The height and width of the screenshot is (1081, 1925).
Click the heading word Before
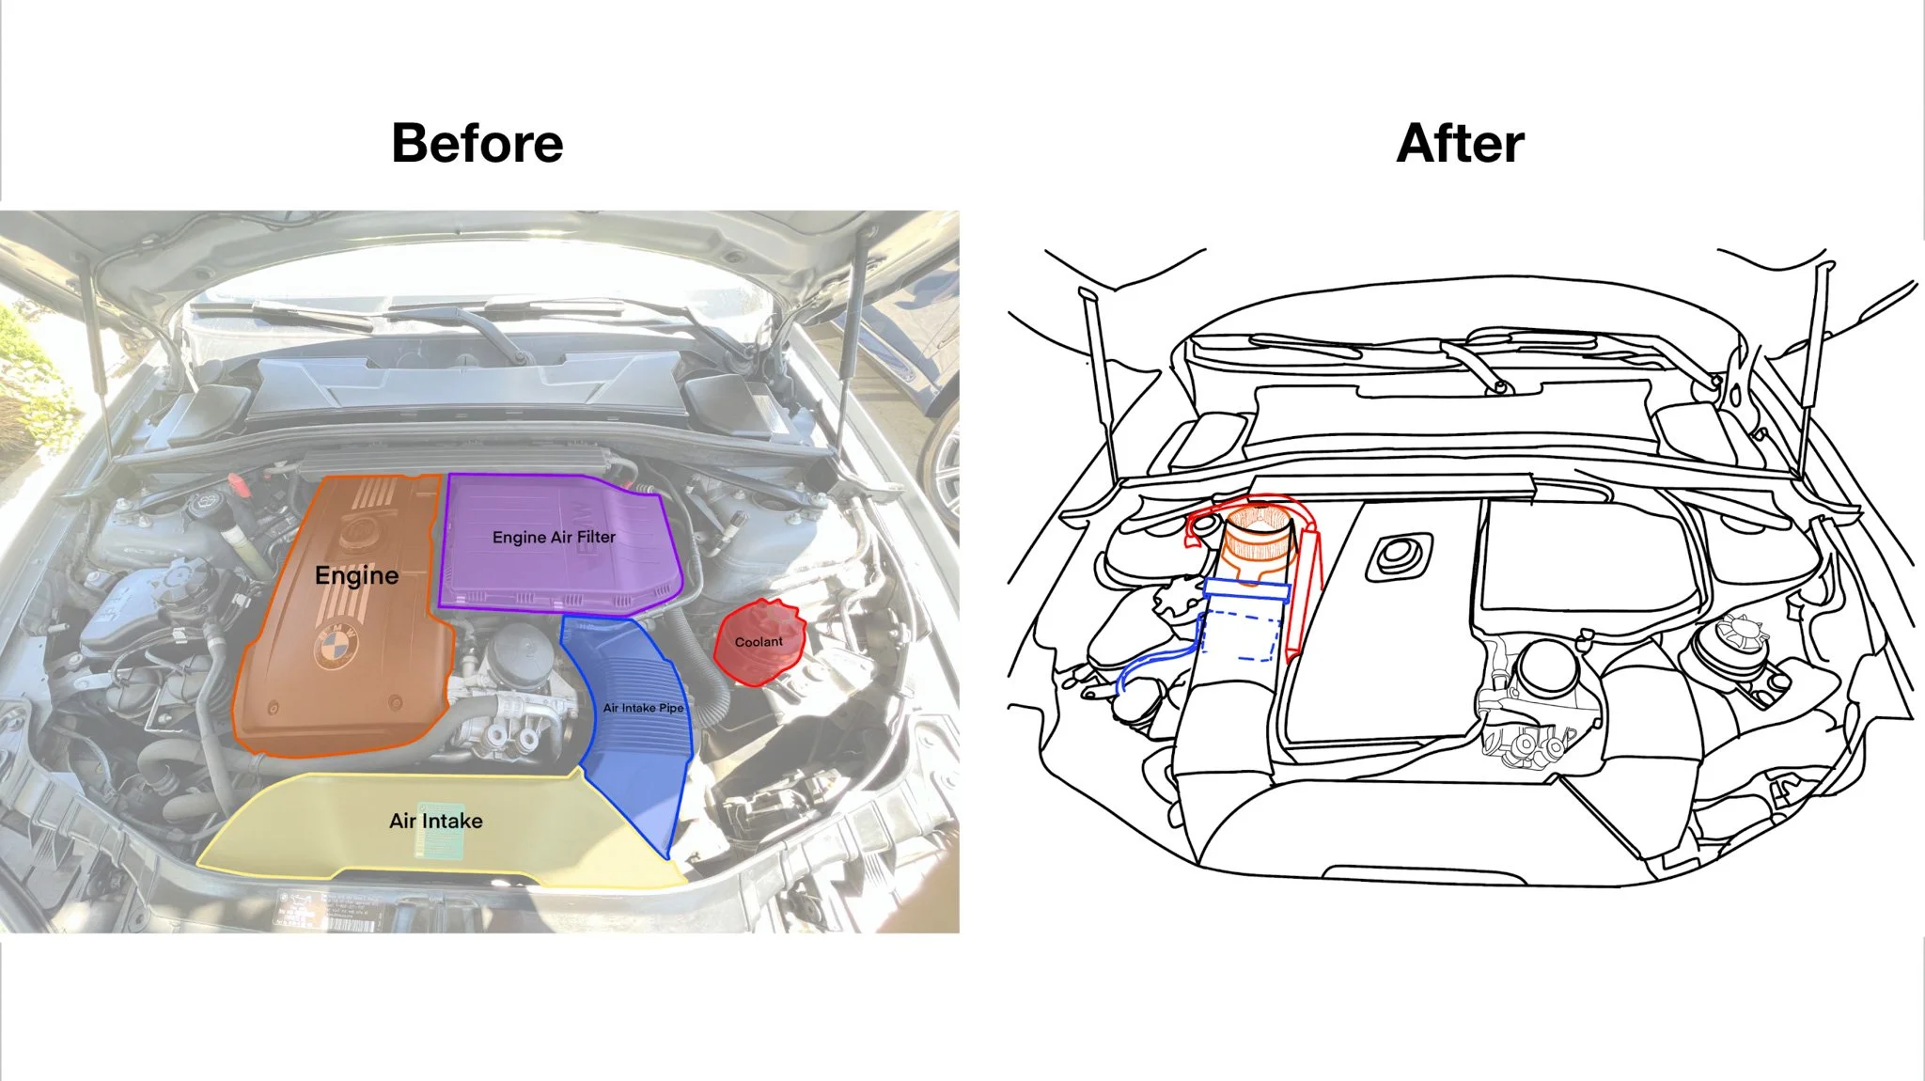(477, 144)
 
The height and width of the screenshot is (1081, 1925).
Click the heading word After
(1460, 144)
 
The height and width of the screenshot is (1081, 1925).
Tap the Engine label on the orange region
(356, 575)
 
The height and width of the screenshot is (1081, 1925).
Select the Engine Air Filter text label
(554, 537)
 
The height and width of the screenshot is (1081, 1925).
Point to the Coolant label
(759, 642)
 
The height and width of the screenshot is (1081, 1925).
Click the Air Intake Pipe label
(643, 708)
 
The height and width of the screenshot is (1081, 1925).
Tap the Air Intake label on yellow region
(436, 821)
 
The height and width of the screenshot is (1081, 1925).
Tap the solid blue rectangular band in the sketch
(1246, 591)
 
